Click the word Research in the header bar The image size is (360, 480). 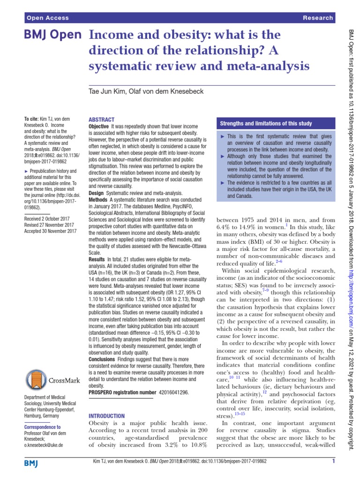pyautogui.click(x=319, y=18)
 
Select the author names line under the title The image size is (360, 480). pyautogui.click(x=146, y=91)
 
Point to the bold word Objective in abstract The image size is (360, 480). pyautogui.click(x=99, y=127)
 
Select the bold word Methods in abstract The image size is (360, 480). pyautogui.click(x=98, y=199)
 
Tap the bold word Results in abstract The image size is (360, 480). pyautogui.click(x=97, y=259)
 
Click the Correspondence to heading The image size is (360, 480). pyautogui.click(x=42, y=427)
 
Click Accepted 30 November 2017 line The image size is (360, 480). pyautogui.click(x=50, y=231)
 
